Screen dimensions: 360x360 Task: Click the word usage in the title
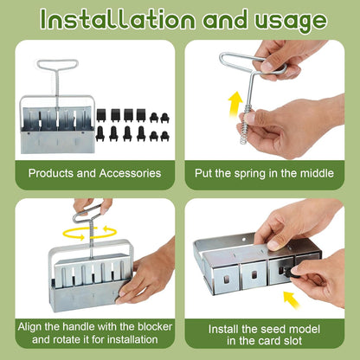[286, 20]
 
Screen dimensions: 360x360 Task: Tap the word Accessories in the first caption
[127, 173]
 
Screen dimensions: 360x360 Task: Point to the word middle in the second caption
[317, 173]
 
